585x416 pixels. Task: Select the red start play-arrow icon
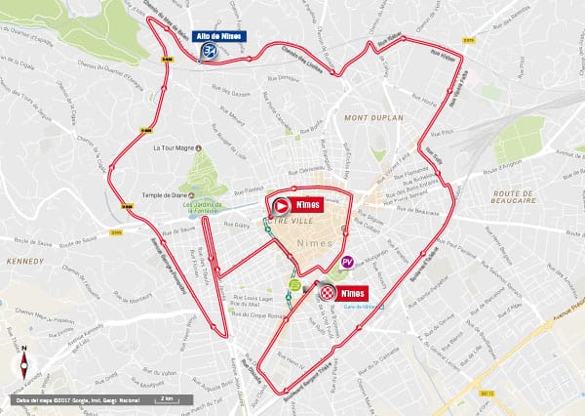[x=281, y=206]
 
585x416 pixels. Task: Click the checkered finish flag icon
[x=329, y=292]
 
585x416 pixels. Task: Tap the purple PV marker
[x=347, y=263]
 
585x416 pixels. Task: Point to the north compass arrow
[x=21, y=364]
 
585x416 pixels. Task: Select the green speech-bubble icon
[x=293, y=285]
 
